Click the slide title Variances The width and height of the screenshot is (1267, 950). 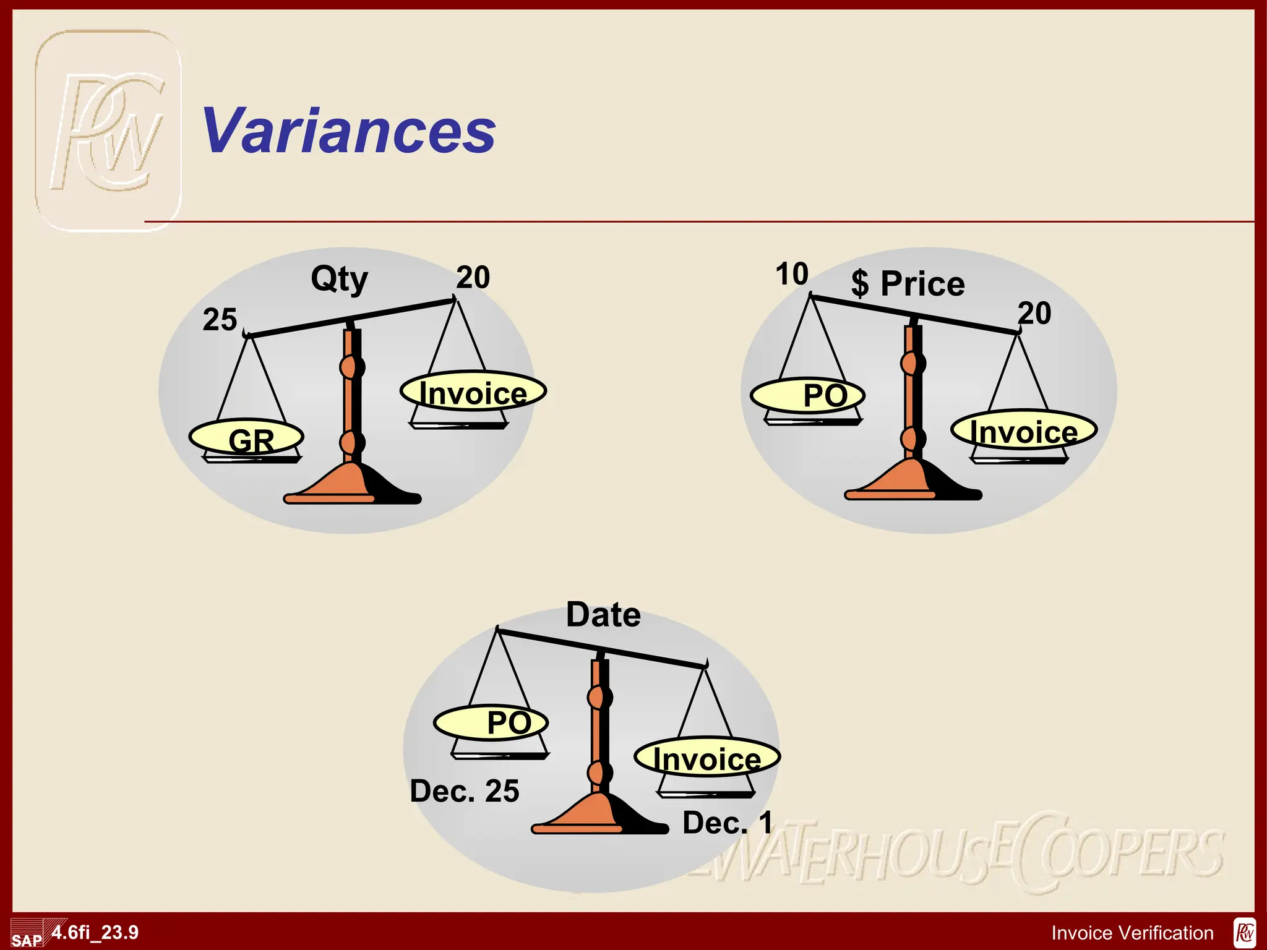[x=349, y=131]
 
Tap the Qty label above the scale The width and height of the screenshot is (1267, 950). [x=339, y=279]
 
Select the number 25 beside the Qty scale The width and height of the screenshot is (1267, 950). [x=220, y=320]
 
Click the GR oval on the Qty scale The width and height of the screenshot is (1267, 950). [x=247, y=437]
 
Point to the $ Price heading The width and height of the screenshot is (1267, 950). [x=908, y=284]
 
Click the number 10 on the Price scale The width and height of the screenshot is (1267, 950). [x=792, y=274]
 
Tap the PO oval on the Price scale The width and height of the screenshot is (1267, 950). [x=807, y=395]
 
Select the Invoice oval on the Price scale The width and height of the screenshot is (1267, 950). [x=1024, y=430]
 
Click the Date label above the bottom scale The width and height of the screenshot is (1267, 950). [x=603, y=615]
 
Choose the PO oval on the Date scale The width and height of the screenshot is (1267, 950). [x=491, y=722]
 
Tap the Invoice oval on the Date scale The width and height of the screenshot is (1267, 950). [x=707, y=758]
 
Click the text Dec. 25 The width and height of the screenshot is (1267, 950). [x=465, y=791]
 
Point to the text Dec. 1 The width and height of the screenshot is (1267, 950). [x=728, y=823]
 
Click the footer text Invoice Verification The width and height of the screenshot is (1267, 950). [x=1132, y=933]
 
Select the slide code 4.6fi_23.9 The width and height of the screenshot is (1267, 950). [x=95, y=932]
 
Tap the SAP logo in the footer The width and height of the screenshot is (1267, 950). [x=27, y=938]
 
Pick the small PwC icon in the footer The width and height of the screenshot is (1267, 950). [x=1244, y=933]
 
